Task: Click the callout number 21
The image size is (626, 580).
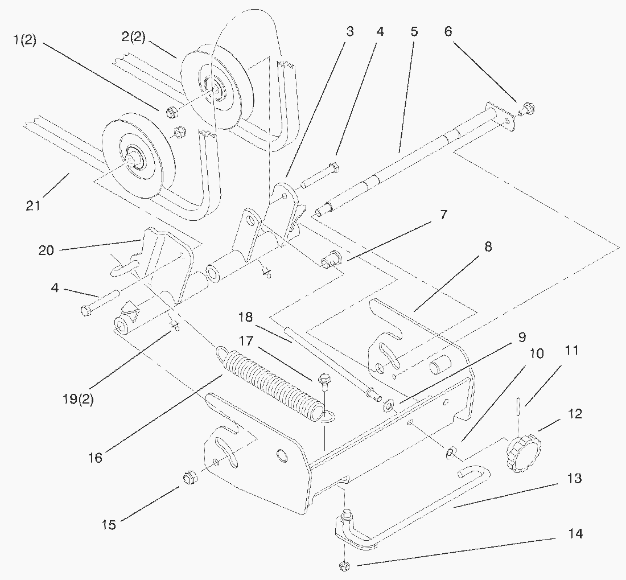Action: coord(33,204)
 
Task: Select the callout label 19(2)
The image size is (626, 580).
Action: coord(79,398)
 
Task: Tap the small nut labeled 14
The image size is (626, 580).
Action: coord(343,565)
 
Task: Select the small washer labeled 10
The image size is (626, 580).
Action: coord(450,452)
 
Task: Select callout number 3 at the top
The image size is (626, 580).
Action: coord(349,31)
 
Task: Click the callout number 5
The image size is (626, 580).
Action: coord(414,31)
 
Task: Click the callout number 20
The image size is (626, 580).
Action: coord(47,250)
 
